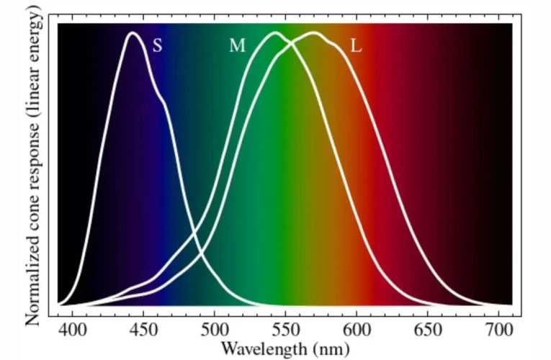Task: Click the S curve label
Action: (x=157, y=46)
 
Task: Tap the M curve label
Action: (x=237, y=46)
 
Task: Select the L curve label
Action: (x=356, y=46)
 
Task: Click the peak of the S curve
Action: (x=132, y=32)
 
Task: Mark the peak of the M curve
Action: (x=274, y=32)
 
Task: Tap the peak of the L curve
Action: (x=313, y=32)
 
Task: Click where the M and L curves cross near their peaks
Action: (x=292, y=41)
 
